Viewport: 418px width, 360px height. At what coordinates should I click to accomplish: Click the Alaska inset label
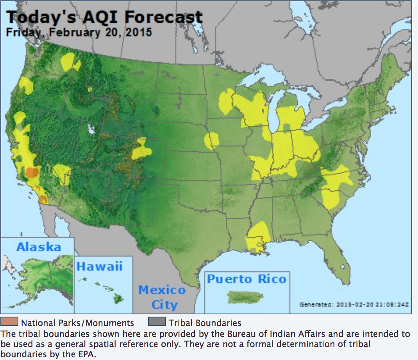point(39,247)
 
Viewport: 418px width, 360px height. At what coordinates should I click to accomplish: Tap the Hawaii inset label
point(99,267)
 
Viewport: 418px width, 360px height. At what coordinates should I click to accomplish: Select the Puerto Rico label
point(247,280)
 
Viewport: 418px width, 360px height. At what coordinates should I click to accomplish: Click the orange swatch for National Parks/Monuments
point(10,323)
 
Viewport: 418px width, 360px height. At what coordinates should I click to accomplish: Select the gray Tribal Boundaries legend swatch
point(157,323)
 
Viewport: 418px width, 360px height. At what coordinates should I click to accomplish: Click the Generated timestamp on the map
point(354,304)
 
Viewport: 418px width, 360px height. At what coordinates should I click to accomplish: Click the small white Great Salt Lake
point(92,129)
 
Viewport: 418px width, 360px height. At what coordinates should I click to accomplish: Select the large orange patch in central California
point(32,172)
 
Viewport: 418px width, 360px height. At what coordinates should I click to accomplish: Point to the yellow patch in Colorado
point(141,150)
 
